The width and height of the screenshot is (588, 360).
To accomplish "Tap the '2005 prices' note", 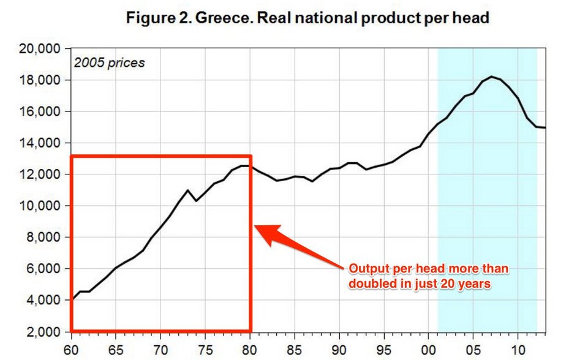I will click(x=109, y=62).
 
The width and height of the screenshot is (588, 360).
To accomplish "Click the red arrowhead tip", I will click(x=255, y=227).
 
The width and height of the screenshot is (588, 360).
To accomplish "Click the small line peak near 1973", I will click(x=188, y=190).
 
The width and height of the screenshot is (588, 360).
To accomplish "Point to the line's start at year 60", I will click(x=72, y=300).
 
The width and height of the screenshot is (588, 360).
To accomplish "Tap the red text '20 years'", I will click(x=469, y=283).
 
